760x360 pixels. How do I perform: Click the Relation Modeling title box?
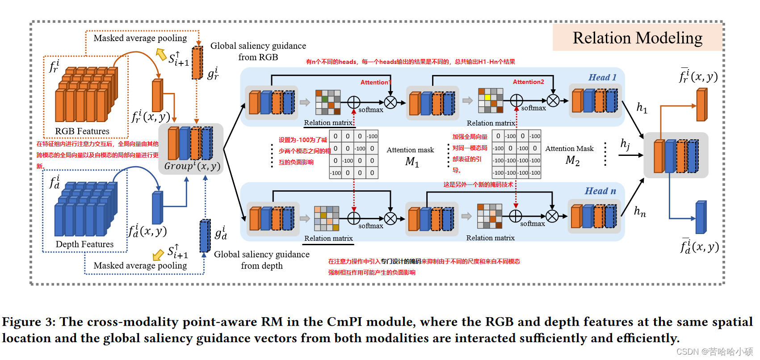[637, 38]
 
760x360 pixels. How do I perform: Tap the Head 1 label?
[602, 77]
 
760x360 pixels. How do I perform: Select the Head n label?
[600, 191]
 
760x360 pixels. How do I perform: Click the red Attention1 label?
[376, 82]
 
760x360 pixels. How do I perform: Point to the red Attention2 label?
[528, 82]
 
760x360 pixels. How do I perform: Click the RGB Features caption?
[82, 131]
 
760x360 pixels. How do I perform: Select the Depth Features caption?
[84, 244]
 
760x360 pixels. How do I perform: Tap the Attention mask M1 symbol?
[412, 162]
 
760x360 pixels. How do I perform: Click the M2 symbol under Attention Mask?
[572, 160]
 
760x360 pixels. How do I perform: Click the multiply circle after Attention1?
[390, 103]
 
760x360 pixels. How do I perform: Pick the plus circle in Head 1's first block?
[354, 102]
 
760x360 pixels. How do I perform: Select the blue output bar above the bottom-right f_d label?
[701, 218]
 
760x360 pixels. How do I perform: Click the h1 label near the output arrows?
[642, 108]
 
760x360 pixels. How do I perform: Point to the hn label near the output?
[640, 211]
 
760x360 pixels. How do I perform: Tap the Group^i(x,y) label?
[192, 166]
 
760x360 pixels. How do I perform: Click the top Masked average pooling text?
[140, 38]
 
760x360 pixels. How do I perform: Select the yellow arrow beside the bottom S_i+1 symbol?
[158, 255]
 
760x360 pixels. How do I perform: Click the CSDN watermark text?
[714, 352]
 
